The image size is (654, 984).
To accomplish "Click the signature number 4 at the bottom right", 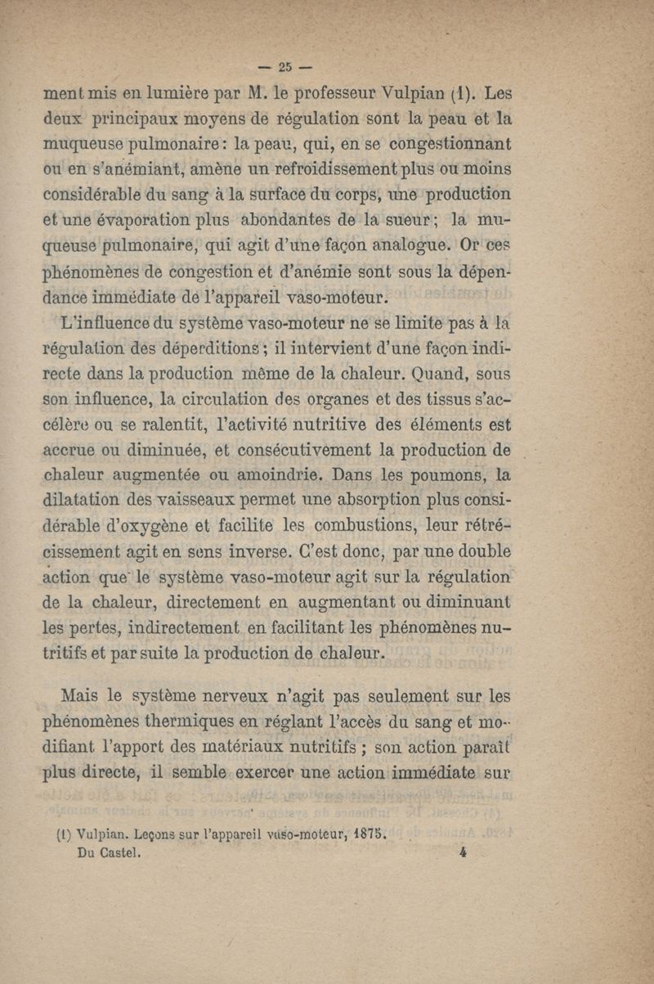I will [x=463, y=851].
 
